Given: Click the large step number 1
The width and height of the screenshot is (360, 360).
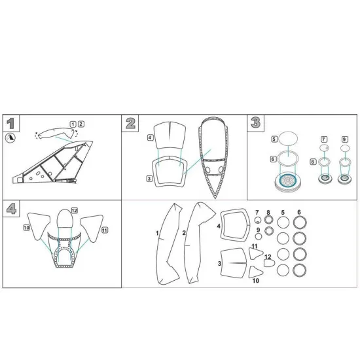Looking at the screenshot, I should coord(10,123).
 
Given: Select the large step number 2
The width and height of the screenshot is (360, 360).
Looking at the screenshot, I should coord(131,123).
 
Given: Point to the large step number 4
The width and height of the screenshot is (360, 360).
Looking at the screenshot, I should coord(10,209).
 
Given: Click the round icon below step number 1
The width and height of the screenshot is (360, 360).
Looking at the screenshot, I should coord(10,137).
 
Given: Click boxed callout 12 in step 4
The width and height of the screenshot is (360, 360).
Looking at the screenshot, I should coord(75,210).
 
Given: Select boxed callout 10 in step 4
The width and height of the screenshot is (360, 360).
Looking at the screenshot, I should coord(27,227).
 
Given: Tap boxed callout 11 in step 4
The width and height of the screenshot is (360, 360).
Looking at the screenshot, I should coord(105,228).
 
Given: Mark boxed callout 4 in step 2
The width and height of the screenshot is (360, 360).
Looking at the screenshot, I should coord(150,137).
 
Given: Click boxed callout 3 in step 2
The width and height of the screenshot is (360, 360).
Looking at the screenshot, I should coord(149,178).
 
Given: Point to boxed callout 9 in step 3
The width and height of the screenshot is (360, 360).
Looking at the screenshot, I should coord(344,139).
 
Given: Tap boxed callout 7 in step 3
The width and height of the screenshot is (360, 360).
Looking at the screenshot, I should coord(323,139).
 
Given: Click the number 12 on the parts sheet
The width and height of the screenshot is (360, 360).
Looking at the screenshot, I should coord(268,257).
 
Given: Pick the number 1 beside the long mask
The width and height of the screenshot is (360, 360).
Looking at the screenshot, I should coord(157,233).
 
